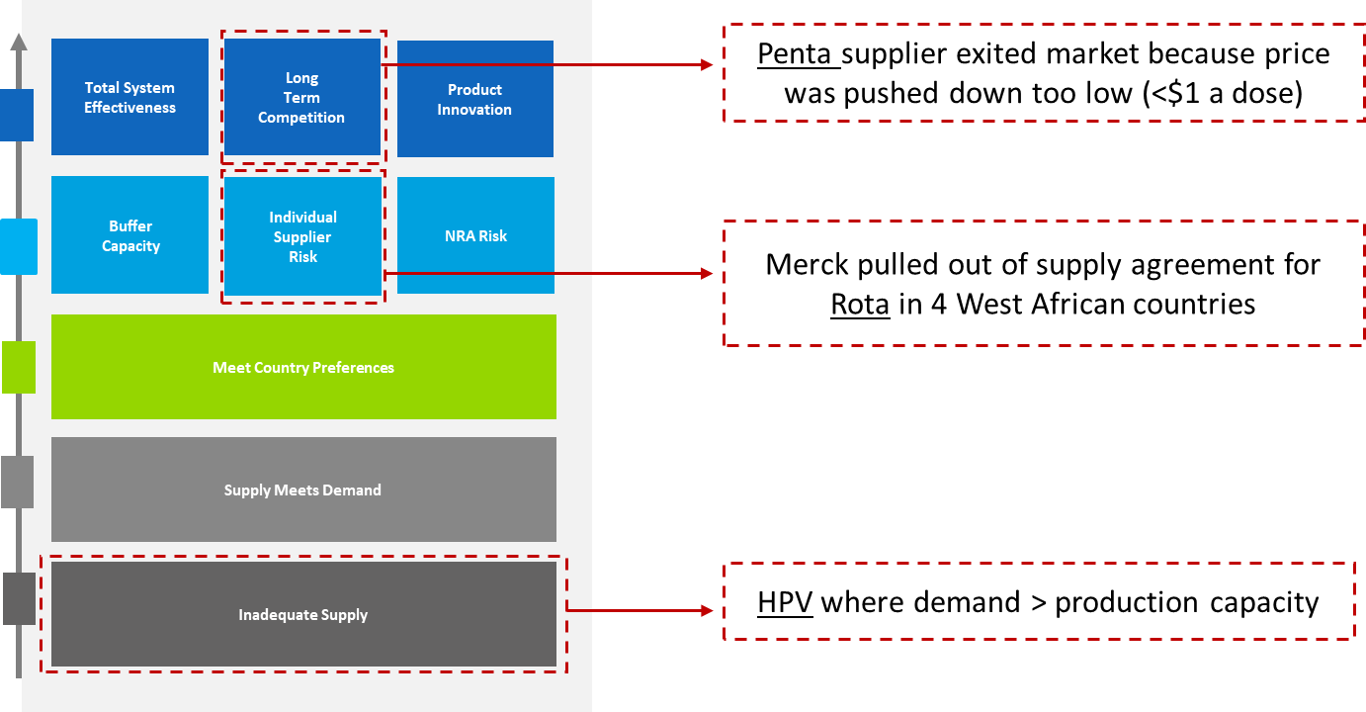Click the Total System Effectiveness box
point(129,97)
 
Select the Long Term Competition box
point(302,97)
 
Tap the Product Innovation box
point(475,99)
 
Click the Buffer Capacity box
point(129,235)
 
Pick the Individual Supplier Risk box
point(303,236)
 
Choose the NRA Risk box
point(475,235)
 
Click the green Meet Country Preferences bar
point(303,367)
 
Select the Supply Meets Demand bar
point(303,489)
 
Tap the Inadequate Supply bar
point(303,614)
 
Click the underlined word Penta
point(794,53)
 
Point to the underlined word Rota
point(860,304)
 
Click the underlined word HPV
point(785,602)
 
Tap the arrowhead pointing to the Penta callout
point(707,64)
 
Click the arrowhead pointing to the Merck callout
point(707,273)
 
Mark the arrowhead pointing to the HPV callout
point(707,610)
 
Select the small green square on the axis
point(19,367)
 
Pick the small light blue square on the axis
point(19,246)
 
